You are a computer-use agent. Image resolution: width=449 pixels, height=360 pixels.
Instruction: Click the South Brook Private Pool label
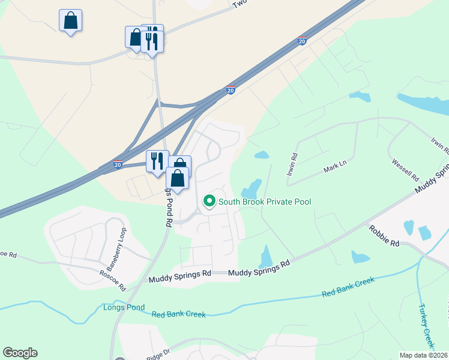tap(265, 202)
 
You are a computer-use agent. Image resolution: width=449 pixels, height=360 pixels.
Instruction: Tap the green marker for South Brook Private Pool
tap(209, 201)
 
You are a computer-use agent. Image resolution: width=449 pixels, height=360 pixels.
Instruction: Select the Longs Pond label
tap(124, 308)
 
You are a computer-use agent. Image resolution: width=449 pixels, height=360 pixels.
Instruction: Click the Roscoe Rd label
tap(113, 278)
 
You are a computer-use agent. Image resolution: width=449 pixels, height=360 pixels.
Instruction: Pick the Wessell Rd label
tap(405, 169)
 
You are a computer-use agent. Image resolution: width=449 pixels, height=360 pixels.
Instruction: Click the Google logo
tap(20, 353)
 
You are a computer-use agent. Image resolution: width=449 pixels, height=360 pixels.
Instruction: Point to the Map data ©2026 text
tap(424, 355)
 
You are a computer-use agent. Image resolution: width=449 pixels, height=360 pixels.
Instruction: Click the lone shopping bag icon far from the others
tap(70, 20)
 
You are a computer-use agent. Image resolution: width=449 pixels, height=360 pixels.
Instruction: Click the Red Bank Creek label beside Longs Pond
tap(178, 314)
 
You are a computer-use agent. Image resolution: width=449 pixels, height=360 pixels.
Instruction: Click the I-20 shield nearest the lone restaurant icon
tap(118, 164)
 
